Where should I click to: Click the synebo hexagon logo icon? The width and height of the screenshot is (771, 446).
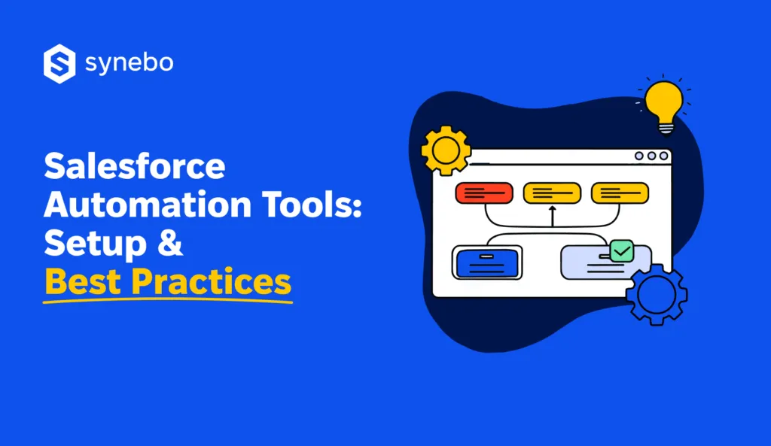[x=59, y=64]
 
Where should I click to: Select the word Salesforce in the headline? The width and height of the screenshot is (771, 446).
[x=135, y=165]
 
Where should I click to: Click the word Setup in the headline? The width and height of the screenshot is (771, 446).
[x=94, y=243]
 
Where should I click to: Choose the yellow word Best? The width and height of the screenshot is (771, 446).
[x=82, y=281]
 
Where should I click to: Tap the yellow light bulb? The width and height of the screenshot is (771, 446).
[x=663, y=104]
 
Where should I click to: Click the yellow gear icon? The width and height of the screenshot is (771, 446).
[x=446, y=150]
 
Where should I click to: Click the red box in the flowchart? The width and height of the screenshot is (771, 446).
[x=484, y=193]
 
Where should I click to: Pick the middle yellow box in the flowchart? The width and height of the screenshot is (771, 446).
[x=552, y=193]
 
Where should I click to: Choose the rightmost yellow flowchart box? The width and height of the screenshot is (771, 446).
[x=620, y=193]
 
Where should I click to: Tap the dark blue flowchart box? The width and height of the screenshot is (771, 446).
[x=487, y=262]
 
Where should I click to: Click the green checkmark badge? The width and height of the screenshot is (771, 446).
[x=622, y=250]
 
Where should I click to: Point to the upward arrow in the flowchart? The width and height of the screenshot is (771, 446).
[x=552, y=216]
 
